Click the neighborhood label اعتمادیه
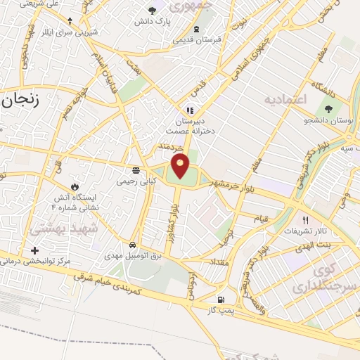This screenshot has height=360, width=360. tap(286, 99)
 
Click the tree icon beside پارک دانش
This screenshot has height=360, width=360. tap(153, 11)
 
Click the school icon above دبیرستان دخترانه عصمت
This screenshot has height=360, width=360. tap(189, 110)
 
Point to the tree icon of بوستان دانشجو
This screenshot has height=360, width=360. tap(328, 108)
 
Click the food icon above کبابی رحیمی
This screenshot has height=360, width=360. tap(136, 170)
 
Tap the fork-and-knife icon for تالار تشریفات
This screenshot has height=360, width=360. tap(304, 219)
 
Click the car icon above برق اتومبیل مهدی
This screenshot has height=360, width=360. tap(132, 244)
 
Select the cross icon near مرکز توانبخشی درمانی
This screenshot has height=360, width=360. tap(34, 250)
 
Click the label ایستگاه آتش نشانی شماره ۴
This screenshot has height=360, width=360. tap(77, 203)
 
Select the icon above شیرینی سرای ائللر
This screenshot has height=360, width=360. tap(69, 21)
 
